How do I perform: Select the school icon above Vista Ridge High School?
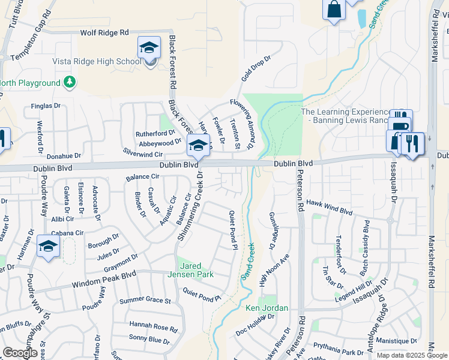click(149, 48)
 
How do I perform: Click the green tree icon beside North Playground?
click(70, 81)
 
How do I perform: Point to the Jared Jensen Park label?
click(196, 270)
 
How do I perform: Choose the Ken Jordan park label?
click(267, 308)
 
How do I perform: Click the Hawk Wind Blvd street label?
click(329, 208)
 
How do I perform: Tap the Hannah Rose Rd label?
click(152, 327)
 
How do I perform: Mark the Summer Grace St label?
click(145, 299)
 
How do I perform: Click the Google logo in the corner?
click(20, 353)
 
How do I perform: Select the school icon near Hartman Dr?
click(48, 247)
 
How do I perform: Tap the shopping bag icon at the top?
click(334, 10)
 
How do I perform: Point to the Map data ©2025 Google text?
click(412, 355)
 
